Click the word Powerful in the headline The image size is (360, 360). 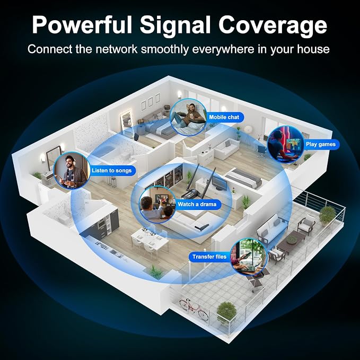pos(82,25)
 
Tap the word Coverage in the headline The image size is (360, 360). pos(273,25)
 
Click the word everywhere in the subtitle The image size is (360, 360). pos(223,49)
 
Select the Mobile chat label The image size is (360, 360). pos(224,117)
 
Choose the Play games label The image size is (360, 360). pos(321,144)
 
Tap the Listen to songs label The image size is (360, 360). pos(111,171)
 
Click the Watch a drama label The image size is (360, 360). pos(197,204)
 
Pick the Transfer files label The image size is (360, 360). pos(209,257)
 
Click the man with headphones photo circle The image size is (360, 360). pos(72,171)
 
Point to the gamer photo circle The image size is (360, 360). pos(286,145)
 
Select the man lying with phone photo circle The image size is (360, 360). pos(189,117)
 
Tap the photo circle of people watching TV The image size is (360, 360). pos(157,205)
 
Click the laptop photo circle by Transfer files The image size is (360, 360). pos(249,257)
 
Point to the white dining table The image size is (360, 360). pos(150,239)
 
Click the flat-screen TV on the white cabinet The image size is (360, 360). pos(219,183)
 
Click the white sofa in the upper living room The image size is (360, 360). pos(226,148)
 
